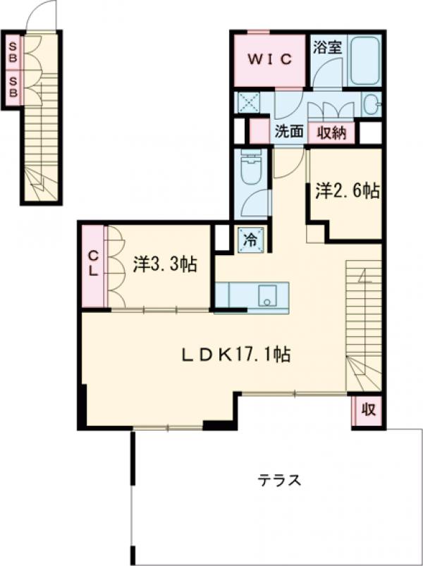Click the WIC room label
(269, 59)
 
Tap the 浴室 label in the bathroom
(327, 47)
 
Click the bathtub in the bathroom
(364, 60)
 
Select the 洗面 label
(290, 132)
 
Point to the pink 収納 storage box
(331, 133)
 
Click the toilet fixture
(251, 170)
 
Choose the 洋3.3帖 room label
(165, 264)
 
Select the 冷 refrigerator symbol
(251, 240)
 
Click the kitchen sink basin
(268, 295)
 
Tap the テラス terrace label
(279, 481)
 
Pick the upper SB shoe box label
(13, 52)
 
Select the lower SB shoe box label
(13, 87)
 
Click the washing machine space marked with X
(248, 101)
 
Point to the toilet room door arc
(255, 202)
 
